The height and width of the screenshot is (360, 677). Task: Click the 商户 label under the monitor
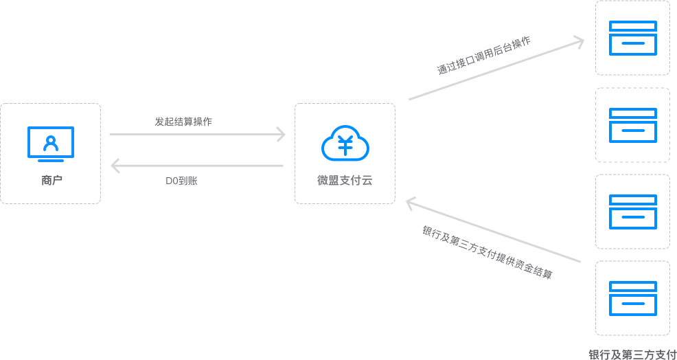50,181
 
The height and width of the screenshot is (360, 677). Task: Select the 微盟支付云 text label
345,181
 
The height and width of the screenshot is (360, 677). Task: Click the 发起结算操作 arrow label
183,122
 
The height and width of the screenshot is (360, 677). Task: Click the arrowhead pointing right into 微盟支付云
280,134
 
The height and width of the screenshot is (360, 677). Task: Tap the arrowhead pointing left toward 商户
115,165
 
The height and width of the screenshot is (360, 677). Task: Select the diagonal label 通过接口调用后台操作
484,55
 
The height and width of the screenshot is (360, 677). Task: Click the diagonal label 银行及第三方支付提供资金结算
487,252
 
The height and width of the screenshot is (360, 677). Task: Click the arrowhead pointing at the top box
579,41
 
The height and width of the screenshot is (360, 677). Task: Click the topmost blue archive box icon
633,38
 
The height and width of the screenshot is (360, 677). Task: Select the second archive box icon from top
633,125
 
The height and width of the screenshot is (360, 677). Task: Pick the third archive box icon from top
633,212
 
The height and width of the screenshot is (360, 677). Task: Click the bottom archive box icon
633,298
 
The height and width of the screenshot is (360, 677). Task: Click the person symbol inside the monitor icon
50,142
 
